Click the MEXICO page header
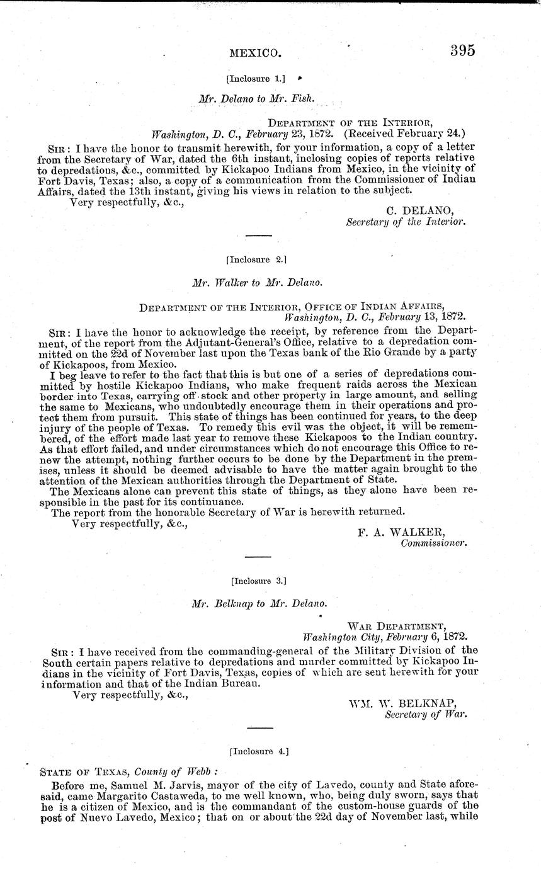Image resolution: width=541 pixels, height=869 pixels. [254, 54]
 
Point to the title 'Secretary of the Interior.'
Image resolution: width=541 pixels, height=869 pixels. [406, 222]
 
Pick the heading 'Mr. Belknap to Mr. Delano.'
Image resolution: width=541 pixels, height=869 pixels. [259, 603]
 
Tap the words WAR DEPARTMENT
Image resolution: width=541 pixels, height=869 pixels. [396, 626]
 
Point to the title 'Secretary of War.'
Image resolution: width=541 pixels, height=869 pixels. [426, 714]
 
